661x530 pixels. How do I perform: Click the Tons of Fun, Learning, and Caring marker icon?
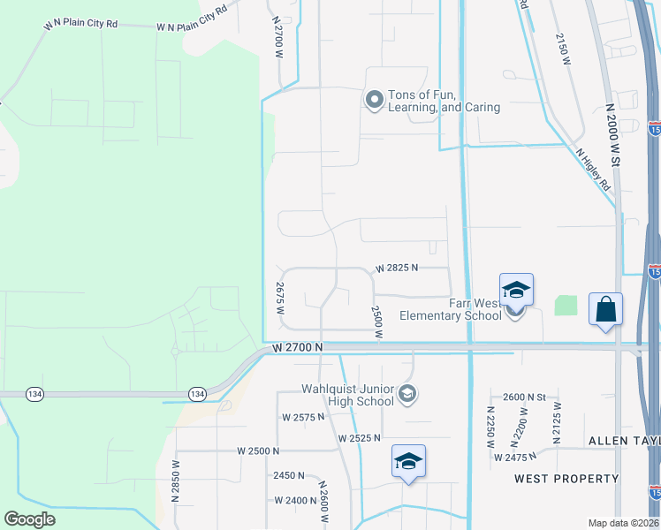[374, 100]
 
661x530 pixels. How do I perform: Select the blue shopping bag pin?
[605, 310]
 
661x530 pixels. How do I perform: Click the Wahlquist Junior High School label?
[335, 395]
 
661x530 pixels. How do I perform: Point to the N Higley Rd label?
[593, 169]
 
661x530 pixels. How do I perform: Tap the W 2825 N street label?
[396, 268]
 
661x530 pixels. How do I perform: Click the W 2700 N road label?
[296, 348]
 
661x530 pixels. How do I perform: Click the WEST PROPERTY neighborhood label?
[566, 479]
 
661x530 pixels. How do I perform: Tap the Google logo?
[29, 519]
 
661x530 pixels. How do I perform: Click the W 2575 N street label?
[304, 416]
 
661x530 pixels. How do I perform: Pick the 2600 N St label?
[525, 397]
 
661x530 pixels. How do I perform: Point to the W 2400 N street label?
[295, 500]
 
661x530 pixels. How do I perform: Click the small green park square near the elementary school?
[566, 306]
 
